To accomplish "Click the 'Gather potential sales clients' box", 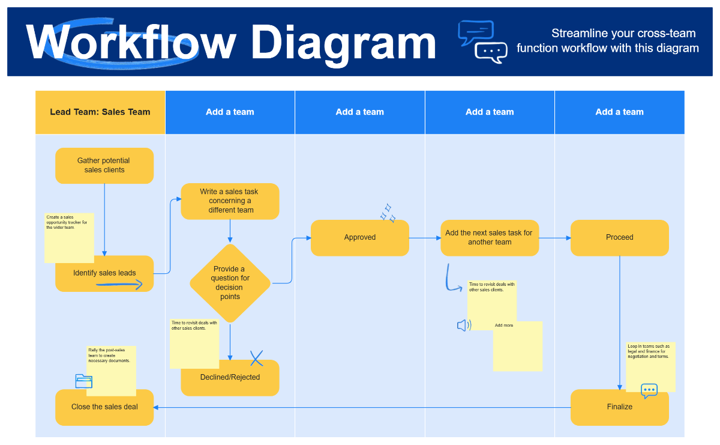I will tap(104, 165).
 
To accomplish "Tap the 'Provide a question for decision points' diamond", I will tap(230, 283).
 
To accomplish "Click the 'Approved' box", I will tap(360, 238).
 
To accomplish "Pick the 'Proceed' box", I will tap(619, 238).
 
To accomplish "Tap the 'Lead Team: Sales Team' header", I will tap(100, 112).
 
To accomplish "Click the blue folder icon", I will tap(84, 381).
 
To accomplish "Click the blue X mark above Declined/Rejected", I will tap(257, 359).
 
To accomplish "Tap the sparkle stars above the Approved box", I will tap(388, 212).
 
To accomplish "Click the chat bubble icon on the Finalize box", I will tap(649, 390).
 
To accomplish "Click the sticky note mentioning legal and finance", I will tap(650, 363).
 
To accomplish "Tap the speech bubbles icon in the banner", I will tap(483, 42).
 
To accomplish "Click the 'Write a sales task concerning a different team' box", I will tap(230, 201).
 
